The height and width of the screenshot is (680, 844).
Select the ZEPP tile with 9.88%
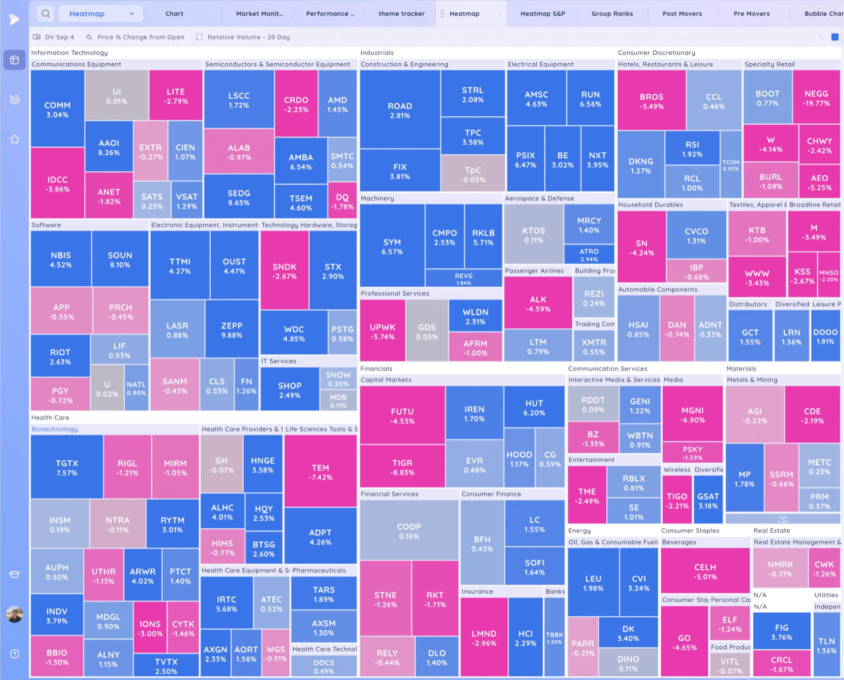tap(231, 330)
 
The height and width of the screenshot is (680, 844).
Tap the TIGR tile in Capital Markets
tap(402, 467)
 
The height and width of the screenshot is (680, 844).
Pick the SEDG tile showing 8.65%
tap(238, 198)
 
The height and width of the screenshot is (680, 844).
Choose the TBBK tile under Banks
tap(554, 638)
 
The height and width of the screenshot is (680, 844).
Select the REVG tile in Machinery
tap(463, 279)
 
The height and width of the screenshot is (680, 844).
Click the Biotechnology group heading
tap(54, 429)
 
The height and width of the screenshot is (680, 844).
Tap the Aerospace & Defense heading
tap(539, 198)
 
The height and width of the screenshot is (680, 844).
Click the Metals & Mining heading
tap(752, 380)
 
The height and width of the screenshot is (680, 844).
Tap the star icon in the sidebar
tap(15, 139)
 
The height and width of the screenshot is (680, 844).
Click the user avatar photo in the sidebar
tap(15, 614)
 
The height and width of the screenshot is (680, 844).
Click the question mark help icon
tap(15, 654)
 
